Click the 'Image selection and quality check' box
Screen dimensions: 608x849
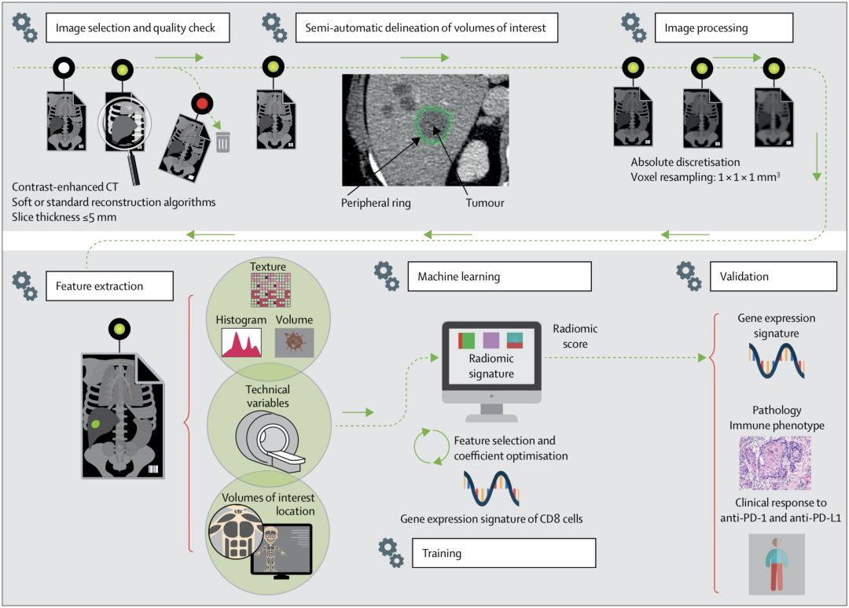coord(141,28)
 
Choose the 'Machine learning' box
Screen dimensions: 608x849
coord(499,276)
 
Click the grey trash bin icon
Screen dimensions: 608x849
coord(223,142)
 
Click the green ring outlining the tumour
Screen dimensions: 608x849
coord(431,124)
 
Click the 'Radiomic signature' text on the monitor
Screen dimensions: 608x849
coord(491,367)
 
